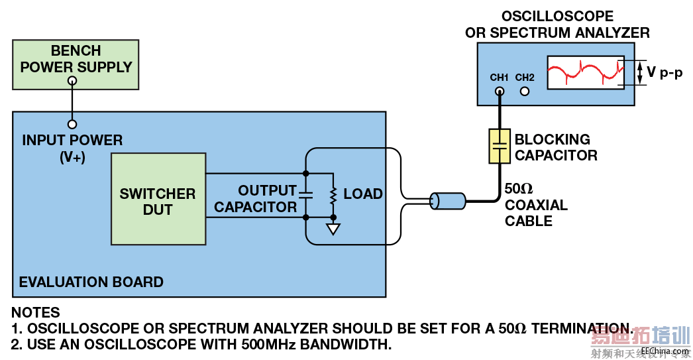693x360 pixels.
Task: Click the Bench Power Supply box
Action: point(76,64)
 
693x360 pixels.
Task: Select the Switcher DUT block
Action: point(158,199)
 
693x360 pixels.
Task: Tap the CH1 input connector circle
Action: point(500,91)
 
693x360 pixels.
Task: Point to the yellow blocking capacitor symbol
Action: point(500,146)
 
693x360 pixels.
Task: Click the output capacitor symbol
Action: point(305,195)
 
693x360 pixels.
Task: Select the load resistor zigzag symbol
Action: point(333,195)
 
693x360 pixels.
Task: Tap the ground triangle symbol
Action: point(333,229)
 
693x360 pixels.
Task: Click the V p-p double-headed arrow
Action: point(640,72)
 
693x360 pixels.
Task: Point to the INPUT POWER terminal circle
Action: point(72,124)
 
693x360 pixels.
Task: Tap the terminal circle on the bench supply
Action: point(72,80)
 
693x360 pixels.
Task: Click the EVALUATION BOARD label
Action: point(91,282)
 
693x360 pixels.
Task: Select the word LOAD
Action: point(363,194)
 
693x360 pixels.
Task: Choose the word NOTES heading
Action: point(36,312)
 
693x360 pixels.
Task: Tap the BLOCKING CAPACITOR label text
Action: point(555,147)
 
